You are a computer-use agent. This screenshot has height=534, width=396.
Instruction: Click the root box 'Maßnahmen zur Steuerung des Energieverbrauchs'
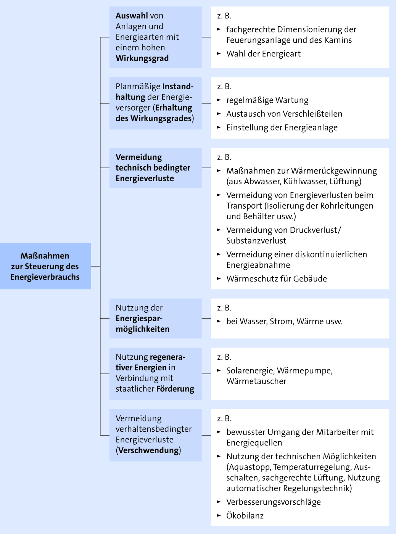45,266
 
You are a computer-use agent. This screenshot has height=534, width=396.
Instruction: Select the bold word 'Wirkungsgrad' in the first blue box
142,58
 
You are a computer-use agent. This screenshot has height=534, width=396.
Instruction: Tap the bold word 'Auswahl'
132,16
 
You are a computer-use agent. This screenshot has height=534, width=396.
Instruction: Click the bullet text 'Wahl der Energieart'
263,54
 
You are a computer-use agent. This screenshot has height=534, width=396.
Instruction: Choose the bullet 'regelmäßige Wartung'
267,100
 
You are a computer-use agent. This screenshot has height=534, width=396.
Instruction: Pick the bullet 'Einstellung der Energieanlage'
282,127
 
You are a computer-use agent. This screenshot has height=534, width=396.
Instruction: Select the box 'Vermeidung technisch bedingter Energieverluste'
156,168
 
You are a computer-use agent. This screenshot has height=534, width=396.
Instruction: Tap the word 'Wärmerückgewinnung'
333,171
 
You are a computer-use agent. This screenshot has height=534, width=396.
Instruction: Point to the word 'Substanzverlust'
256,241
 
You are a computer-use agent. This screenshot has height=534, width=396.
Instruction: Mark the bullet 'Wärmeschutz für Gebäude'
277,278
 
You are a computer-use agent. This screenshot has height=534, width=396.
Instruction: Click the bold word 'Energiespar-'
139,318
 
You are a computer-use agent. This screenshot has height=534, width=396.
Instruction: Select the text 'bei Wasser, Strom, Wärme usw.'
284,322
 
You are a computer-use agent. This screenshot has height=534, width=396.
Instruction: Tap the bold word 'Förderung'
175,389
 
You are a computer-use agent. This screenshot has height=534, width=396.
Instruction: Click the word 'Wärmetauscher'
256,381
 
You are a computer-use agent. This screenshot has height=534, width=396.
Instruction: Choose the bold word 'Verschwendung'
149,450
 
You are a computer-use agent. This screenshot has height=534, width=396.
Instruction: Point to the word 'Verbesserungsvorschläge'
274,502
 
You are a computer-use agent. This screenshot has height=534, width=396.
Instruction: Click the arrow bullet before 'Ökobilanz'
219,515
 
